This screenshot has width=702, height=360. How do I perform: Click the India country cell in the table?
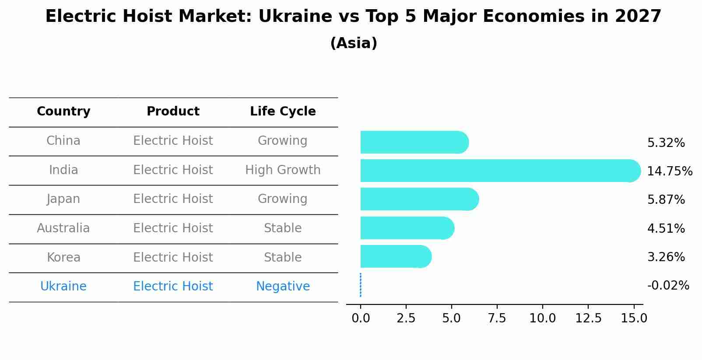(x=63, y=170)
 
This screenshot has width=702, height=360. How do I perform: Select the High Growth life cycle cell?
(x=283, y=170)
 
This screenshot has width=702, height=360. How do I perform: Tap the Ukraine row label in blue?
(x=63, y=287)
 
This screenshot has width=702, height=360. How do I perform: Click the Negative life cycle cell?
(x=283, y=287)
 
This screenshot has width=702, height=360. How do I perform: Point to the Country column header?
(x=63, y=112)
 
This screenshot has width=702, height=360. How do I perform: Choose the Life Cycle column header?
(x=283, y=112)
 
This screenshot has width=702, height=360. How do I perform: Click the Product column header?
(x=173, y=112)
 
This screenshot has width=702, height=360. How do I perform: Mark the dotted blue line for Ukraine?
(x=361, y=285)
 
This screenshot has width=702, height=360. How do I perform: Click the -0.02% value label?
(x=668, y=286)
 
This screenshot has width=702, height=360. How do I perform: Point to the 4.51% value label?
(x=666, y=228)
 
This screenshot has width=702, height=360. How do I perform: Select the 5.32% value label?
(x=666, y=143)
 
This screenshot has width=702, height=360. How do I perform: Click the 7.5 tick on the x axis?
(x=497, y=318)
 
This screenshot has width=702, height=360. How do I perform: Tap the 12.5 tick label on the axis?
(x=588, y=318)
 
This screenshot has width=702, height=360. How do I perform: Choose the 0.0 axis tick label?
(x=361, y=318)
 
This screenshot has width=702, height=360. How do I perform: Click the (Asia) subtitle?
(x=354, y=43)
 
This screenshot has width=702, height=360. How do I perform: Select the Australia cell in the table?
(x=63, y=228)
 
